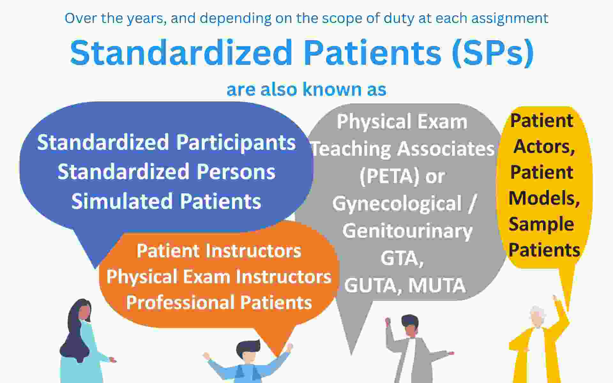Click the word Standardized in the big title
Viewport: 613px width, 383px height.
(x=181, y=53)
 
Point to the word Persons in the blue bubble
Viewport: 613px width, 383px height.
(x=236, y=172)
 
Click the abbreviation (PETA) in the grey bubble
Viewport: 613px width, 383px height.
(x=389, y=176)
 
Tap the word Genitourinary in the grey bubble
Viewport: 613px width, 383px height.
(x=407, y=231)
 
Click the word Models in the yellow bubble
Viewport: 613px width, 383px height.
(x=544, y=198)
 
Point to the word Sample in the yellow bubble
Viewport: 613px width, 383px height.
(x=541, y=224)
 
